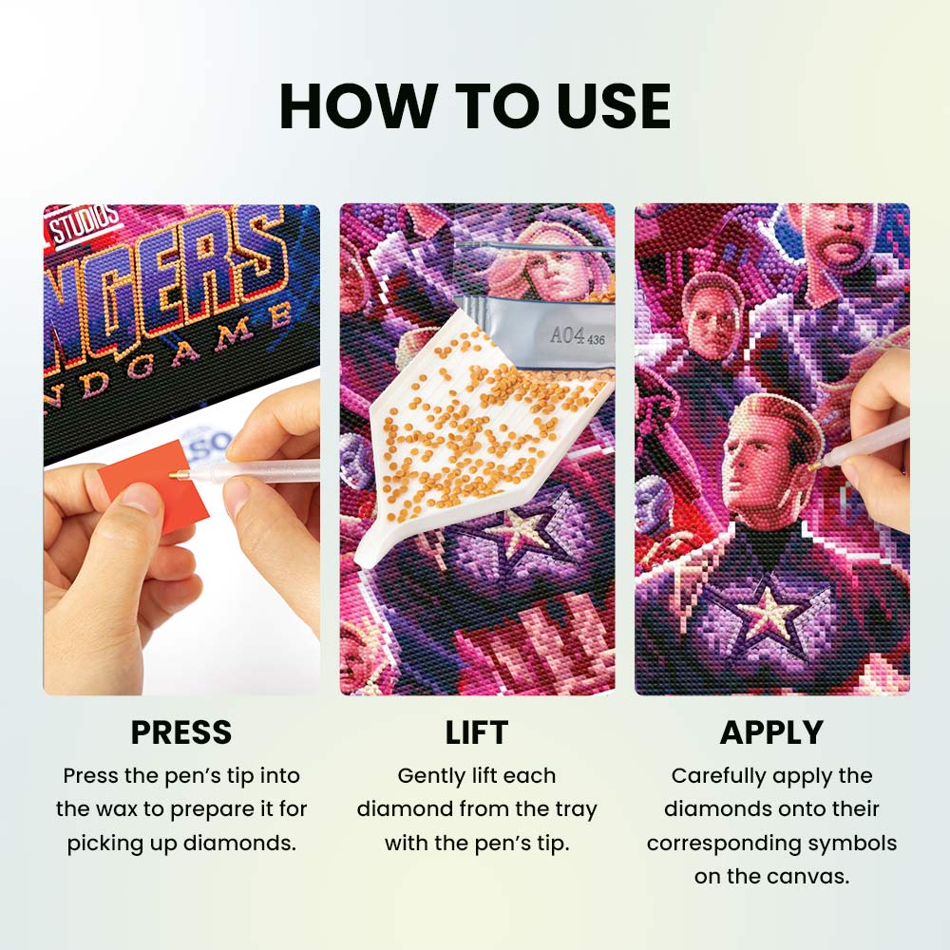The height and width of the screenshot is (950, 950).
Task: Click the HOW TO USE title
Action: [475, 105]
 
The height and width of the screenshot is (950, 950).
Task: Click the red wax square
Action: [154, 484]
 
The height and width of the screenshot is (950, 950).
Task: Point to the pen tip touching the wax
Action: [173, 476]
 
